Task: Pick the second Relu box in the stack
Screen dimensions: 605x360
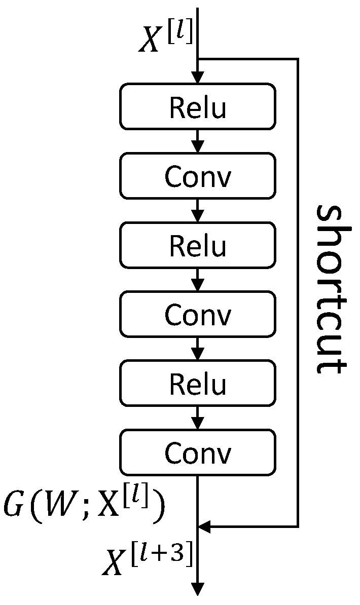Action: [x=198, y=245]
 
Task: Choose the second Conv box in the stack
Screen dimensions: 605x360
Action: [x=198, y=315]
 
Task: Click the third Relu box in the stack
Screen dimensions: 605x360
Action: [x=198, y=384]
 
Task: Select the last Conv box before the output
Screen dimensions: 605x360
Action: [x=198, y=452]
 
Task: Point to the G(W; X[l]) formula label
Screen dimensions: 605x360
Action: [x=84, y=507]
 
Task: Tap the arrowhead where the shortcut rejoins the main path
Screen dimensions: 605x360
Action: [x=204, y=527]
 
